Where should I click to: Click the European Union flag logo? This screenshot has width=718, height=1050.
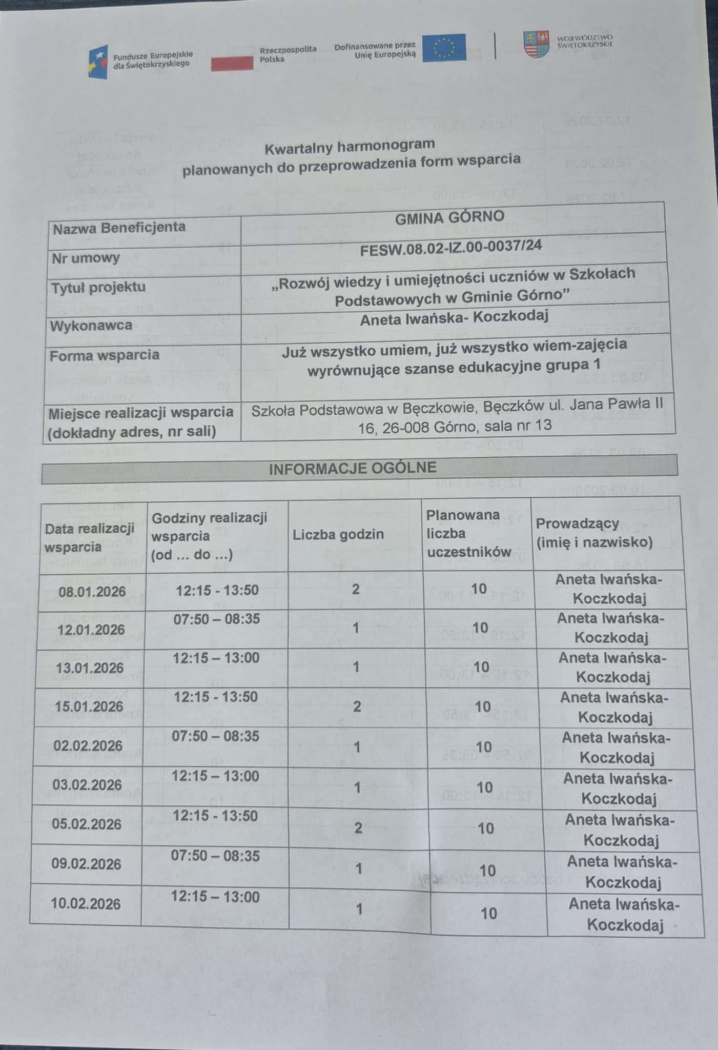(x=444, y=48)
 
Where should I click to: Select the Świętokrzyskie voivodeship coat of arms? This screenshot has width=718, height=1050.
(x=536, y=44)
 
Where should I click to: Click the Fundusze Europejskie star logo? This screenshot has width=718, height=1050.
(x=98, y=62)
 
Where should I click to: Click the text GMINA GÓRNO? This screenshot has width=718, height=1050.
(x=449, y=218)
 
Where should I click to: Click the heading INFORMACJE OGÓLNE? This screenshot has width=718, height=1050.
(x=353, y=468)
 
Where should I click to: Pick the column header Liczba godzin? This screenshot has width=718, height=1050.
(x=338, y=534)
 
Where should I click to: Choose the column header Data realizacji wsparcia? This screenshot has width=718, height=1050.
(x=89, y=537)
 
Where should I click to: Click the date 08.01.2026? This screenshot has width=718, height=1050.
(x=92, y=592)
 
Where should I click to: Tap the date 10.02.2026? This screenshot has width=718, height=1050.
(x=86, y=903)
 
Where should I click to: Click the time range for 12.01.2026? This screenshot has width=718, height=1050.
(x=216, y=619)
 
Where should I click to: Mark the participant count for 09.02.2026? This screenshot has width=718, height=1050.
(x=487, y=870)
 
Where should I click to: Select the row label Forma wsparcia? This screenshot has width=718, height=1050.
(x=104, y=355)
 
